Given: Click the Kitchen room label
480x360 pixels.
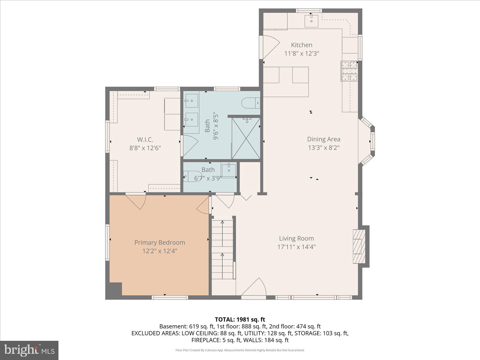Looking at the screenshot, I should (x=302, y=45).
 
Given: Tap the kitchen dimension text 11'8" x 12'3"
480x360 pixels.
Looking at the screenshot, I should (x=302, y=53).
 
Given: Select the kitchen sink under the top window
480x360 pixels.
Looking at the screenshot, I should (x=311, y=21).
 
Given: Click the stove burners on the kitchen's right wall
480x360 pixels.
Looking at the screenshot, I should (x=350, y=71).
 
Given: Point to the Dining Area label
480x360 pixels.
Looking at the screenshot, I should (x=324, y=139).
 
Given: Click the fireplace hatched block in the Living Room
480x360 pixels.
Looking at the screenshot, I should (x=359, y=246).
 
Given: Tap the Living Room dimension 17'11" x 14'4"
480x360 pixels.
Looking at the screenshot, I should (x=296, y=247).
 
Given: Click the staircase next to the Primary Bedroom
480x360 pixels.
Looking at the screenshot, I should (x=223, y=248).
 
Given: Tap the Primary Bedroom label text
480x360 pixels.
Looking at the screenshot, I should (x=160, y=243).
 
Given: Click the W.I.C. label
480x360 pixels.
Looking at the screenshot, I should (x=145, y=139).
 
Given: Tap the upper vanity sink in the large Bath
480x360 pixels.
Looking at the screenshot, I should (x=192, y=101).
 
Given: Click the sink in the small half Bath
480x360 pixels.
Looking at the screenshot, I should (x=228, y=170).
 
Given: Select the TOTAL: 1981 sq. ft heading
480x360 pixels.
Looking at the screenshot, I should (x=240, y=319).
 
